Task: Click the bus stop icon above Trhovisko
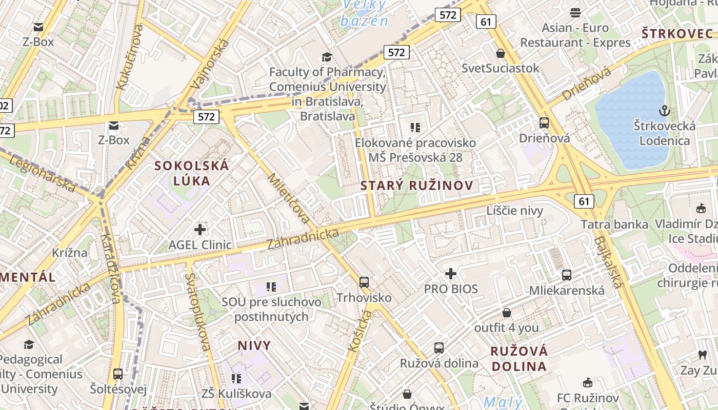364,282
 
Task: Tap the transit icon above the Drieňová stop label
544,123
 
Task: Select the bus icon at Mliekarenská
567,275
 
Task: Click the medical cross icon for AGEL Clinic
200,230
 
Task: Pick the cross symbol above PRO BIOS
451,274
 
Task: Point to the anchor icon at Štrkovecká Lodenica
665,110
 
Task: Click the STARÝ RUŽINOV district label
416,186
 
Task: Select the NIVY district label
254,345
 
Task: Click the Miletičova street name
289,199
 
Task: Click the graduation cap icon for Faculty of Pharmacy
327,57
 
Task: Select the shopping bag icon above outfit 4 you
507,313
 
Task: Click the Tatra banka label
614,224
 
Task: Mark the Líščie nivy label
514,210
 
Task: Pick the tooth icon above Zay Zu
702,355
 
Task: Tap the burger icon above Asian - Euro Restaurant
575,13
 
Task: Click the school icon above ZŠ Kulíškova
236,379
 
